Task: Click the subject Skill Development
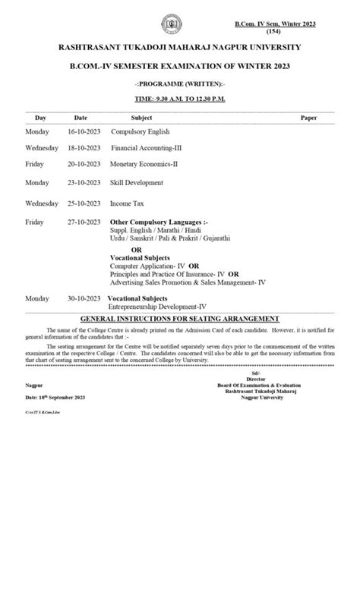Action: (x=137, y=183)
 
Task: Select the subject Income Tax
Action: (x=128, y=203)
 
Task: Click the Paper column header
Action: (x=308, y=118)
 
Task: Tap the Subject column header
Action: (x=141, y=118)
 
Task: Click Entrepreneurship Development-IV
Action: (x=156, y=307)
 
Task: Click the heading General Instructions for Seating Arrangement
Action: (x=179, y=319)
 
